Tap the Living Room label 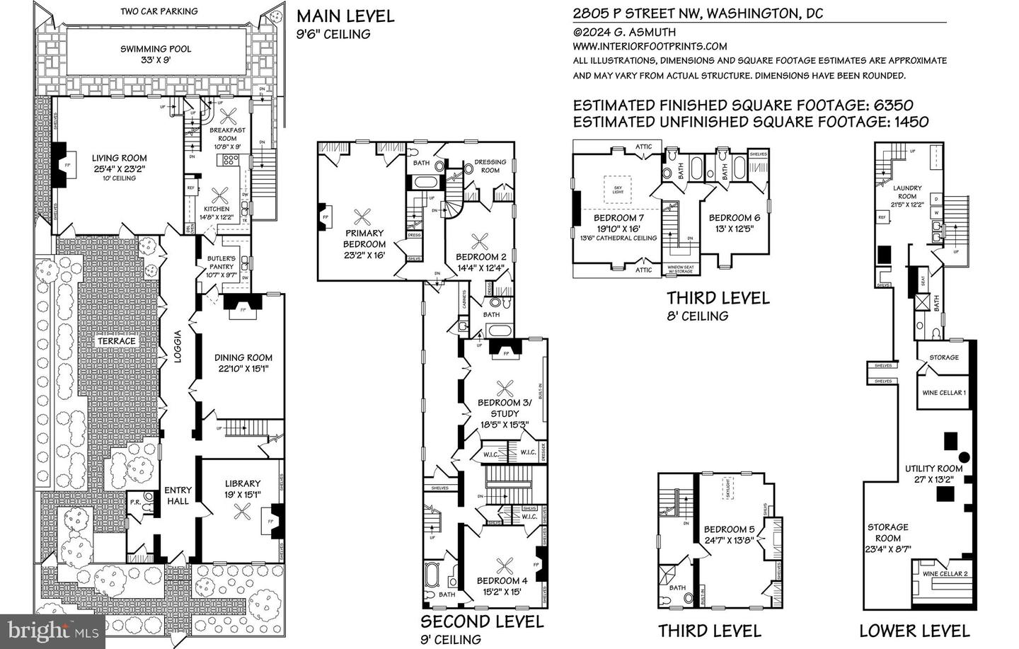click(119, 159)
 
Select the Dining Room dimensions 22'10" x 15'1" click(243, 369)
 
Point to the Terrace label click(116, 341)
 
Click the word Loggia click(179, 348)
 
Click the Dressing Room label click(490, 166)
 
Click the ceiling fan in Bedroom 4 click(505, 565)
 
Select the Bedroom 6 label click(734, 218)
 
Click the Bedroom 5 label click(729, 529)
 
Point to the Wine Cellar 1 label click(944, 393)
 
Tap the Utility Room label click(933, 469)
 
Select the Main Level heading click(345, 16)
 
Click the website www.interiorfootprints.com click(650, 46)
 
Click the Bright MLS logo click(53, 630)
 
